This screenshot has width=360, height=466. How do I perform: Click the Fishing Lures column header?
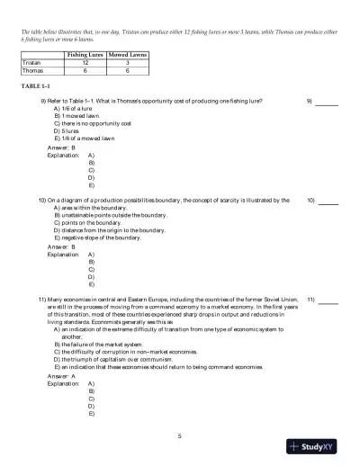85,56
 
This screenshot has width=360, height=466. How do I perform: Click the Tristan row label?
31,64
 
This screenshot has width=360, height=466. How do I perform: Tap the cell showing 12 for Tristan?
85,64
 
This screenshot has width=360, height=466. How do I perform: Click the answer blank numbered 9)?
327,102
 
